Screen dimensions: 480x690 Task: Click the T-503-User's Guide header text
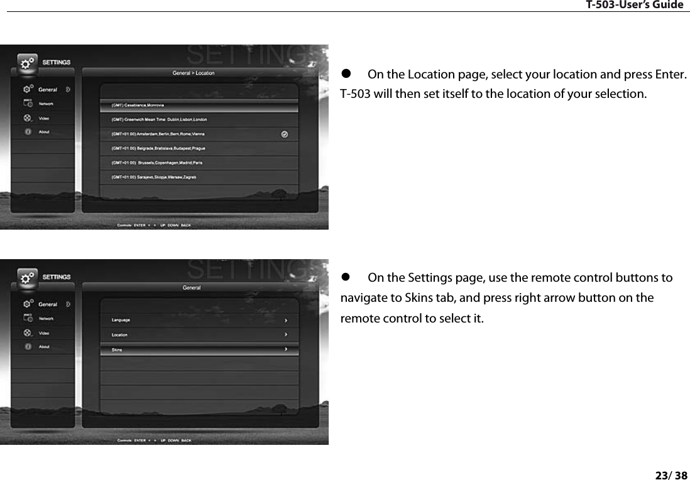[x=634, y=5]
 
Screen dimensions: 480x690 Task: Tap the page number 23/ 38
[x=671, y=475]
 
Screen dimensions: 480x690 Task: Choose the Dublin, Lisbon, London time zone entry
[x=159, y=119]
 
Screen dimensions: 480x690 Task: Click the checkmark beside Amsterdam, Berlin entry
[x=285, y=134]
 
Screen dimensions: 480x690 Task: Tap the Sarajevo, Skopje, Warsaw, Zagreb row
[x=155, y=178]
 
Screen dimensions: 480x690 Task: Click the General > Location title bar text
[x=194, y=73]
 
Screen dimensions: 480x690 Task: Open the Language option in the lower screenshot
[x=121, y=320]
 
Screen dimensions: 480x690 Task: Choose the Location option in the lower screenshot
[x=120, y=334]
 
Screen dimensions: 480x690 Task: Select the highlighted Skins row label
[x=117, y=349]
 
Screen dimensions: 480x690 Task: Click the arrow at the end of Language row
[x=286, y=320]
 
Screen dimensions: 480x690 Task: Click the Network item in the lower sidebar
[x=46, y=319]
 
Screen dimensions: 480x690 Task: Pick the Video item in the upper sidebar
[x=44, y=118]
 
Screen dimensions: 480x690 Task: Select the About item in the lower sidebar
[x=44, y=346]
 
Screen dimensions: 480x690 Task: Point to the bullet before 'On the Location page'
[x=344, y=75]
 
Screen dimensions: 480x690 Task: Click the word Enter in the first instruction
[x=669, y=75]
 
